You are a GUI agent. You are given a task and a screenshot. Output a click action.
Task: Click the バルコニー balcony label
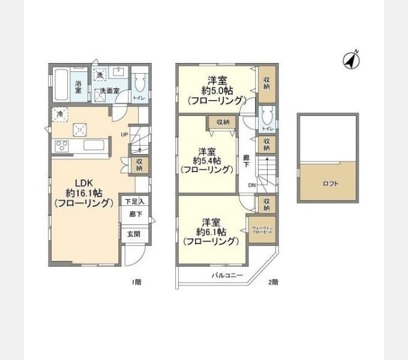(227, 275)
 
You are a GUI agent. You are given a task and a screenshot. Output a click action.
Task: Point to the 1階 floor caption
(136, 281)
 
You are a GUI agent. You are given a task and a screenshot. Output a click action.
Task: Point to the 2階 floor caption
(273, 281)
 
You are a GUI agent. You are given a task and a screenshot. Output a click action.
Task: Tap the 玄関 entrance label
(133, 234)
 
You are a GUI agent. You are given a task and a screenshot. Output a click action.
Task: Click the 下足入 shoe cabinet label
(134, 202)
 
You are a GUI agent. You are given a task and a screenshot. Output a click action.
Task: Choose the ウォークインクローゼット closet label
(263, 230)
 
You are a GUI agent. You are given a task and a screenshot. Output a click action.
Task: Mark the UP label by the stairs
(124, 134)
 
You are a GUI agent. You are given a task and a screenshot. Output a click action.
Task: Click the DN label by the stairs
(252, 185)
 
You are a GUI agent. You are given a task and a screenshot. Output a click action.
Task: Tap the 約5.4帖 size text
(207, 160)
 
